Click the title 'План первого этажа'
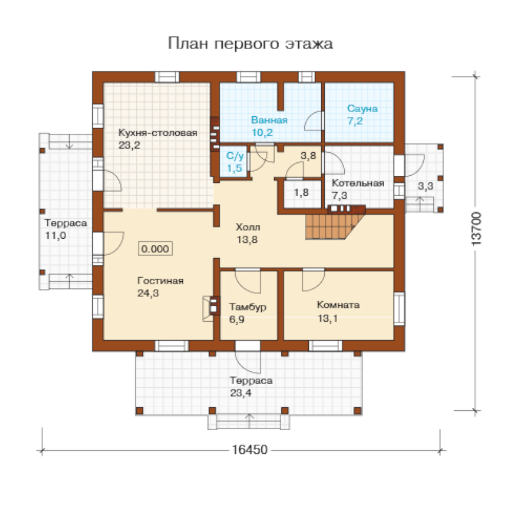[250, 44]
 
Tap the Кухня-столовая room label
[158, 133]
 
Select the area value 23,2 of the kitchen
[129, 145]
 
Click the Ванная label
[270, 120]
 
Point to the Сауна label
[362, 108]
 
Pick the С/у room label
[235, 156]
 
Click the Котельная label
[358, 183]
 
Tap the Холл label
[248, 227]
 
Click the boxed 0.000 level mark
[155, 249]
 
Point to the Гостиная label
[161, 281]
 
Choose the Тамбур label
[248, 307]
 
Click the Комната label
[338, 305]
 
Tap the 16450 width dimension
[250, 450]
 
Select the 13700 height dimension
[476, 229]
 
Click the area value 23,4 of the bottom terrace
[241, 393]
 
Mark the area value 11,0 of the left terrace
[55, 236]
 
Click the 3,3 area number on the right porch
[425, 187]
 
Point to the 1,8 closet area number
[301, 193]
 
